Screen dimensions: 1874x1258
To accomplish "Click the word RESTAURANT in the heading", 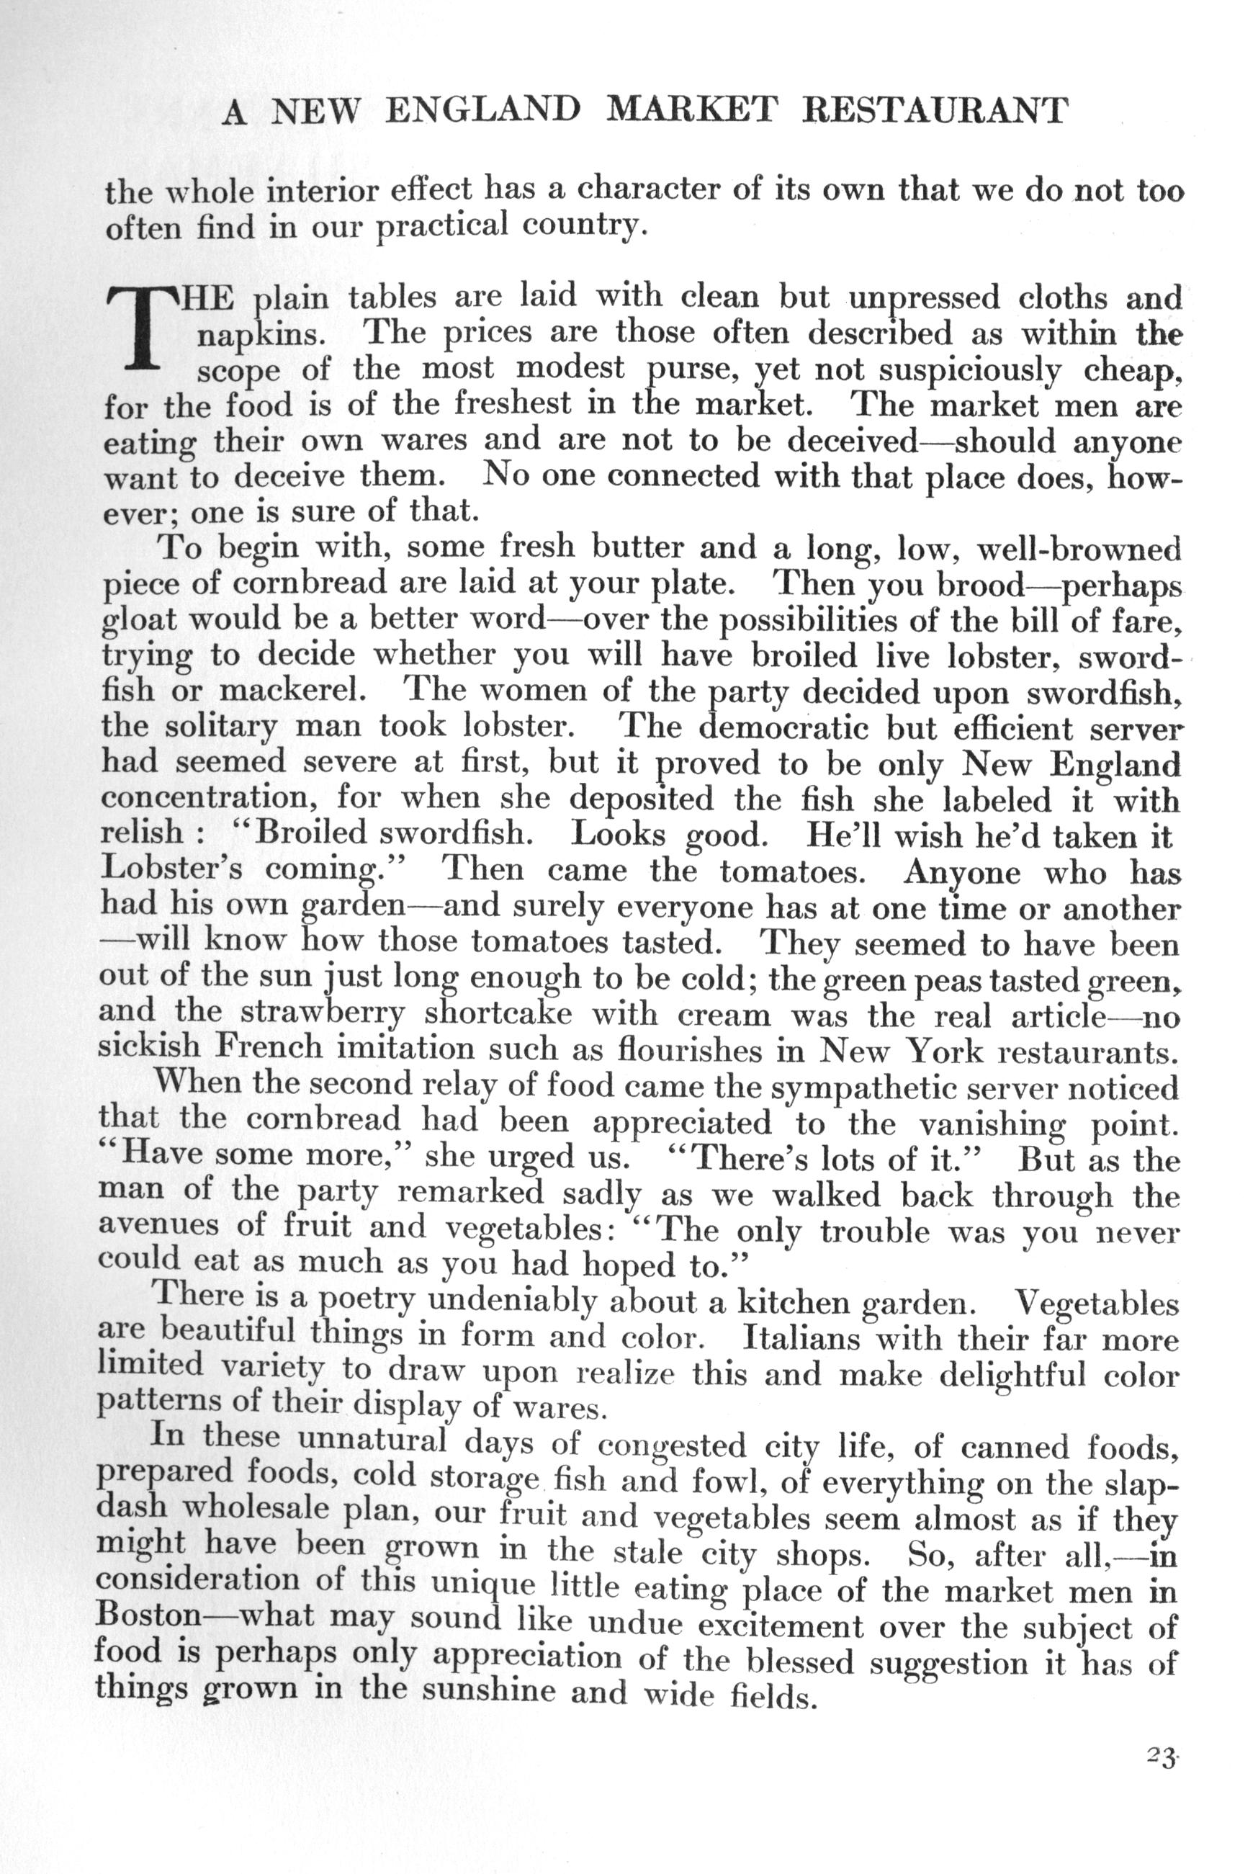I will point(935,111).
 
